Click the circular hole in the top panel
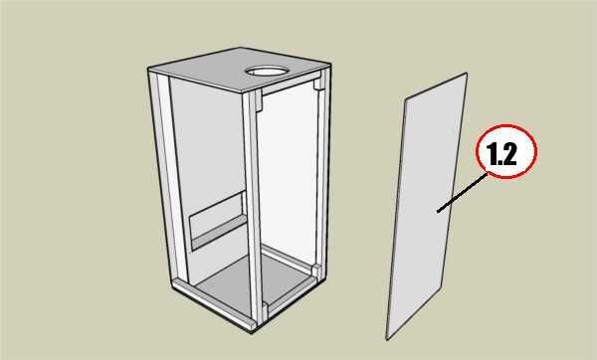click(x=267, y=71)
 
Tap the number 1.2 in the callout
click(x=502, y=154)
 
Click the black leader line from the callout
click(x=463, y=192)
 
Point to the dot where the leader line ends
click(x=438, y=211)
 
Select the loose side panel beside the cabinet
click(x=427, y=206)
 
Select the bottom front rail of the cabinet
click(x=211, y=303)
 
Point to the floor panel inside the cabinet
click(x=244, y=281)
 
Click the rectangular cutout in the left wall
click(x=217, y=220)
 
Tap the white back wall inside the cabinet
click(x=288, y=175)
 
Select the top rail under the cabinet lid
click(x=290, y=86)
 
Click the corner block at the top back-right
click(x=319, y=85)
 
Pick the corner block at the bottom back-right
click(x=316, y=270)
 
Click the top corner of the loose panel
click(x=466, y=73)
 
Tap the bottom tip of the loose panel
click(x=387, y=339)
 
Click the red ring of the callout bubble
click(x=506, y=125)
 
